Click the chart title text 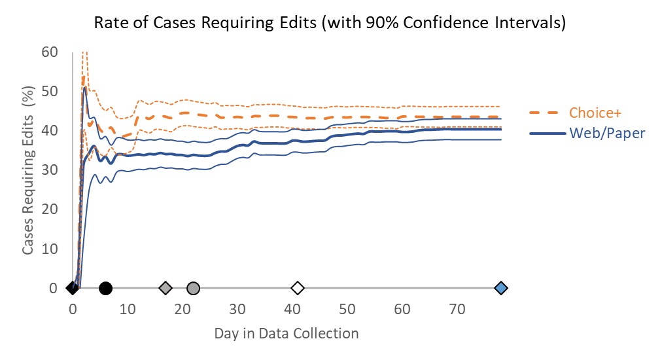[x=330, y=23]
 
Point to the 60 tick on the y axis [x=50, y=52]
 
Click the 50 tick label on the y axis [x=50, y=91]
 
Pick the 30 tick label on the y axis [x=50, y=170]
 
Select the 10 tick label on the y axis [x=50, y=249]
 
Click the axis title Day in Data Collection [x=287, y=333]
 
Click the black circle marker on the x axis [x=105, y=288]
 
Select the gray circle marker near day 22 [x=193, y=288]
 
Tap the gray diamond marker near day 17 [x=165, y=288]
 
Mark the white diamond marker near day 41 [x=298, y=288]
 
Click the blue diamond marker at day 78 [x=501, y=288]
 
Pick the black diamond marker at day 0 [x=72, y=288]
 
